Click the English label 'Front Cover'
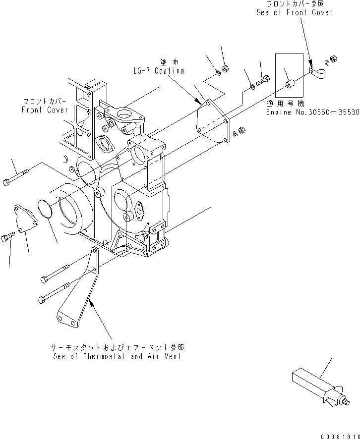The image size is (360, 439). (x=45, y=110)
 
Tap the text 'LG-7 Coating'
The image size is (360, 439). (x=158, y=71)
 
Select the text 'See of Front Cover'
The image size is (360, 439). (x=295, y=12)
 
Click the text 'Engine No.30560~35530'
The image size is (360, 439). (x=312, y=112)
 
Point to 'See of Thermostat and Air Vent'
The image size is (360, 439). (x=117, y=356)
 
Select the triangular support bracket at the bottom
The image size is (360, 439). (x=79, y=297)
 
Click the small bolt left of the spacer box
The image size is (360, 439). (x=263, y=80)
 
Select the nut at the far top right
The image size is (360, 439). (x=334, y=59)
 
